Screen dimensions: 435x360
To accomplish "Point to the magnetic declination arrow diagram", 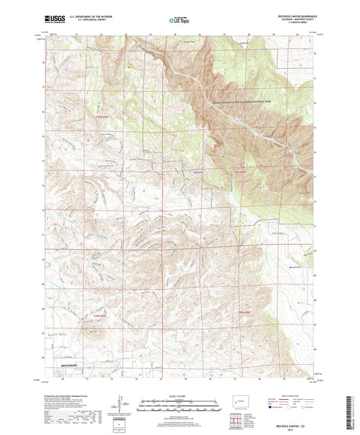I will [x=122, y=405].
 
